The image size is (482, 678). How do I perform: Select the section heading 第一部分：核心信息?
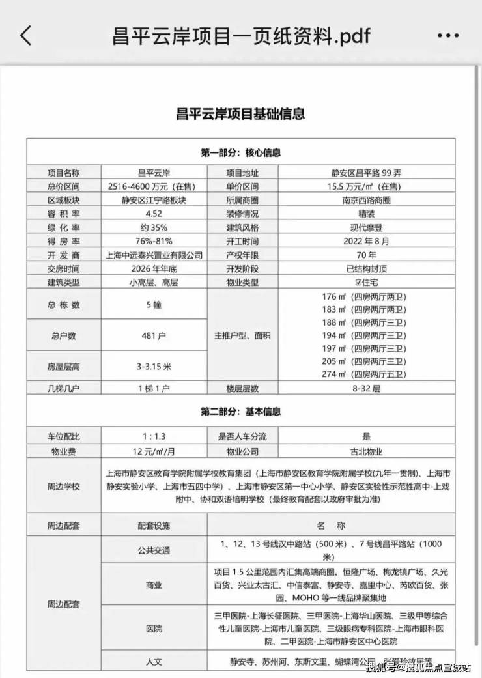point(240,153)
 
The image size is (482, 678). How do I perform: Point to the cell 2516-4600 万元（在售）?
point(153,186)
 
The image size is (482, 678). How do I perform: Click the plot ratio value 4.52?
point(153,214)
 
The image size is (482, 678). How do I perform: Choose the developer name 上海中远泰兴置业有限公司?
point(153,255)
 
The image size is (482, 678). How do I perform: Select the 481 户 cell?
point(153,336)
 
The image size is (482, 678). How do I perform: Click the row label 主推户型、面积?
point(242,336)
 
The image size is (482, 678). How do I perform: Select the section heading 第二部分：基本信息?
point(240,412)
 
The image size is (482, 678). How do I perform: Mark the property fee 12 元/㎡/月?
point(153,451)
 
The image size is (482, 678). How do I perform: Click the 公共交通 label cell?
point(153,550)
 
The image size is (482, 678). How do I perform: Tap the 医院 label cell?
point(153,629)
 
